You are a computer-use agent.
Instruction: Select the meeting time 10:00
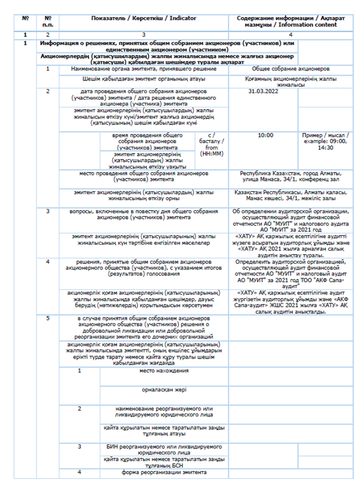click(265, 135)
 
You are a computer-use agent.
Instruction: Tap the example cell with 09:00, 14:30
click(325, 141)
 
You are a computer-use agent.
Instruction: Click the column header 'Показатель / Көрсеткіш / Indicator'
click(144, 18)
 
